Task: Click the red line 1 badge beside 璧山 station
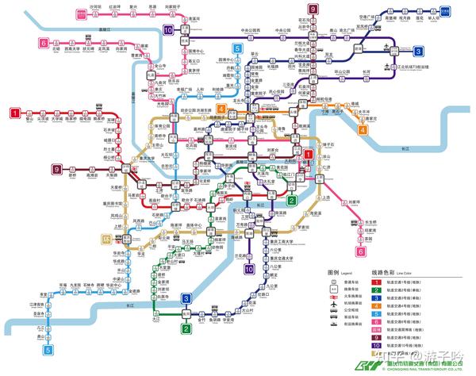click(14, 113)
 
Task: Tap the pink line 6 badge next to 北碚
click(42, 44)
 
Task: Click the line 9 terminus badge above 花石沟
click(313, 9)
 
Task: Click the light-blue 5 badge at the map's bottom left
click(48, 349)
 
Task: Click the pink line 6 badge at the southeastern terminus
click(361, 252)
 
